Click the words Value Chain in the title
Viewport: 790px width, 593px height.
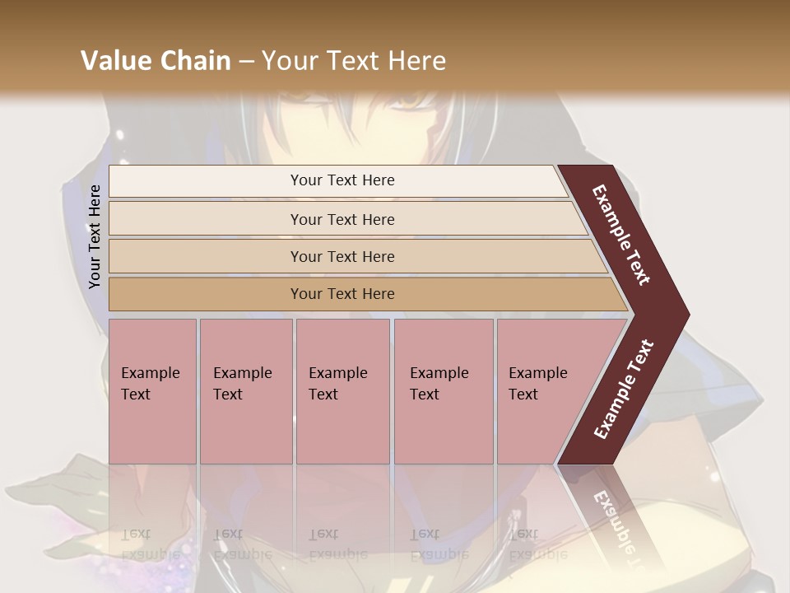coord(156,61)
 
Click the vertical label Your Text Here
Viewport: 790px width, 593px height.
coord(95,236)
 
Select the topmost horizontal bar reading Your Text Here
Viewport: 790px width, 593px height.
coord(342,180)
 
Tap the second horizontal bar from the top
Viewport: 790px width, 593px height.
coord(342,219)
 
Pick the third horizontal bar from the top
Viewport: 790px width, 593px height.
coord(342,256)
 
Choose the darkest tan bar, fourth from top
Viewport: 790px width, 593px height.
coord(342,294)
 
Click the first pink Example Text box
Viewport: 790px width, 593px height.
coord(152,391)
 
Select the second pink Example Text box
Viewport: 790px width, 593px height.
coord(245,391)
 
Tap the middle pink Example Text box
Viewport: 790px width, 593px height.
coord(342,391)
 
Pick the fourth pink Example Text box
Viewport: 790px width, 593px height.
coord(443,391)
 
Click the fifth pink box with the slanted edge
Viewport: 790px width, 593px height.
coord(543,391)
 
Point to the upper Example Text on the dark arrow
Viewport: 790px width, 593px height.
coord(621,235)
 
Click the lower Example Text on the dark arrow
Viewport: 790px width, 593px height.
coord(624,390)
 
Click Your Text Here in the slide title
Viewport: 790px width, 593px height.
coord(354,61)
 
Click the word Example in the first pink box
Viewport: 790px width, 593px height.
coord(150,373)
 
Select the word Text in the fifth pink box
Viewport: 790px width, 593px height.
coord(523,395)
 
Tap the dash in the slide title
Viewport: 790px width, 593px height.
coord(246,61)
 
